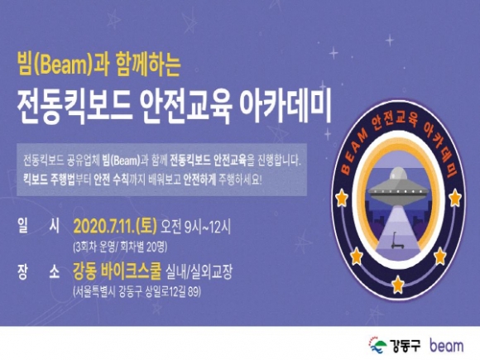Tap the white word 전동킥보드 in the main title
point(75,107)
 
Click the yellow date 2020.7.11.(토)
point(115,227)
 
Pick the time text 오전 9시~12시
point(195,227)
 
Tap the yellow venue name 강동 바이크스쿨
point(117,271)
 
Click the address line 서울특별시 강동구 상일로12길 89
point(137,291)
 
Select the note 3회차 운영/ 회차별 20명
point(120,247)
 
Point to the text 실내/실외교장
point(199,271)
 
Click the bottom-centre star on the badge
point(398,284)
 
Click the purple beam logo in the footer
point(446,346)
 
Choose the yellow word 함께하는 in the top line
point(148,65)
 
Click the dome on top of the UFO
point(398,174)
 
